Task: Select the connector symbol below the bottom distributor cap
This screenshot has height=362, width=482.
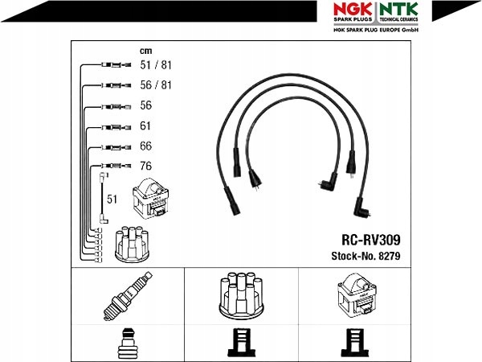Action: tap(241, 344)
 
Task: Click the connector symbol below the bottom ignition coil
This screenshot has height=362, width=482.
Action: tap(353, 344)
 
